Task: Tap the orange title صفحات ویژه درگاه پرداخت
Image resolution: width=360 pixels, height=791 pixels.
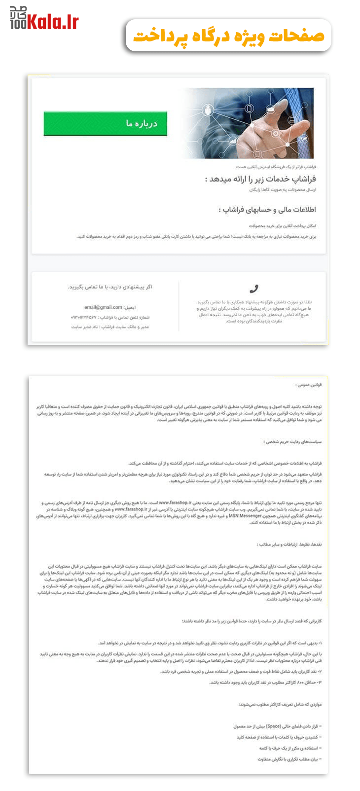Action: pyautogui.click(x=228, y=36)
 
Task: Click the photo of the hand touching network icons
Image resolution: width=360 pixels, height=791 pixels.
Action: pyautogui.click(x=247, y=123)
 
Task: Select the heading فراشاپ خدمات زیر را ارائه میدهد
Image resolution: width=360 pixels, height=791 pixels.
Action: pyautogui.click(x=260, y=179)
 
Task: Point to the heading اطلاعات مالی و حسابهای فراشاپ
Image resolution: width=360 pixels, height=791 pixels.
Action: pyautogui.click(x=267, y=210)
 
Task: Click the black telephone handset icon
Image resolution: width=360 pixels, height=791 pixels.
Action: pyautogui.click(x=254, y=288)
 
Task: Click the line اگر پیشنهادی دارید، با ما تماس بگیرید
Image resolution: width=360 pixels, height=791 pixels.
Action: pyautogui.click(x=110, y=287)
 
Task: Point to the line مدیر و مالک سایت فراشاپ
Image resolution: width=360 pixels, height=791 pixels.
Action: pyautogui.click(x=110, y=326)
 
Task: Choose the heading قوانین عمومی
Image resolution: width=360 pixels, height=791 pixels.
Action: pyautogui.click(x=308, y=385)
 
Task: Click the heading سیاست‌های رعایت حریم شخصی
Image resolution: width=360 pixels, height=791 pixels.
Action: pyautogui.click(x=292, y=442)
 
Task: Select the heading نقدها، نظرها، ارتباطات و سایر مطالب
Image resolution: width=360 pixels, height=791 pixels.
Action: pyautogui.click(x=289, y=544)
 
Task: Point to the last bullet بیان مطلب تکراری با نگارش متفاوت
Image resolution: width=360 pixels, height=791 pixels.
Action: pyautogui.click(x=289, y=759)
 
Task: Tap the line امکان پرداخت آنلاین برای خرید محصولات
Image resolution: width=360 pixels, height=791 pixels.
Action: pyautogui.click(x=283, y=226)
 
